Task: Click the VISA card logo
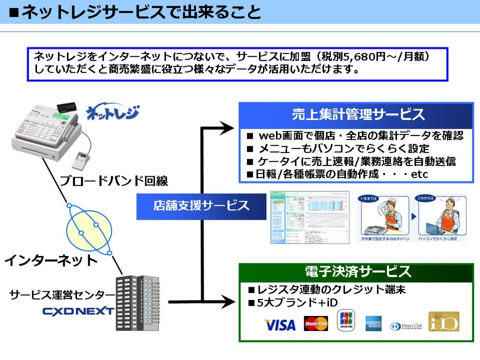(x=280, y=324)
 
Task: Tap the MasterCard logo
(x=316, y=323)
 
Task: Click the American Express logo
(x=374, y=323)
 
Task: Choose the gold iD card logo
(x=443, y=322)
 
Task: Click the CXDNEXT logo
(x=78, y=311)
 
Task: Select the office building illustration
(x=138, y=302)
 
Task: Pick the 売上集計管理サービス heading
(x=358, y=114)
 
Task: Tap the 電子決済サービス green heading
(x=358, y=271)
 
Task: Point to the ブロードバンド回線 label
(x=113, y=180)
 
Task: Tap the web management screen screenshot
(x=310, y=217)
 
